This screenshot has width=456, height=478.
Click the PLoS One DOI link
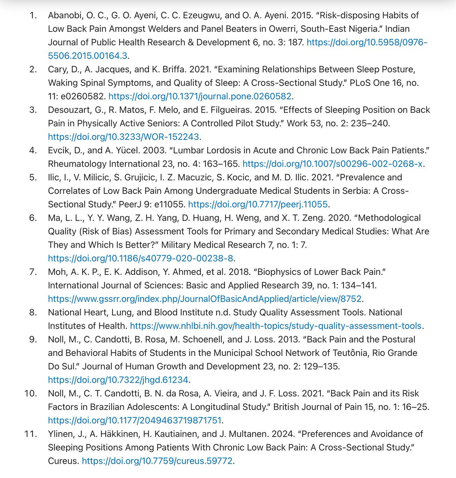[200, 96]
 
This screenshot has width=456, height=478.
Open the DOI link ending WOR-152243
[123, 137]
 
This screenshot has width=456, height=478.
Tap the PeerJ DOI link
[258, 204]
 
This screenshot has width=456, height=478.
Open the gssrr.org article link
[205, 299]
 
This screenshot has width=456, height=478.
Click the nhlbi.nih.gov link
[275, 326]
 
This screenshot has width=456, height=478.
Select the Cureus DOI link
[157, 461]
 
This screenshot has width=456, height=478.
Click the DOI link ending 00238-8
[140, 258]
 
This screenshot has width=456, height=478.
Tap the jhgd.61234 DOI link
[118, 380]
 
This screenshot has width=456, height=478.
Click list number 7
[33, 272]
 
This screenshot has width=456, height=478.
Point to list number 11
[31, 434]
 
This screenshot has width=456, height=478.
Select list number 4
[33, 150]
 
